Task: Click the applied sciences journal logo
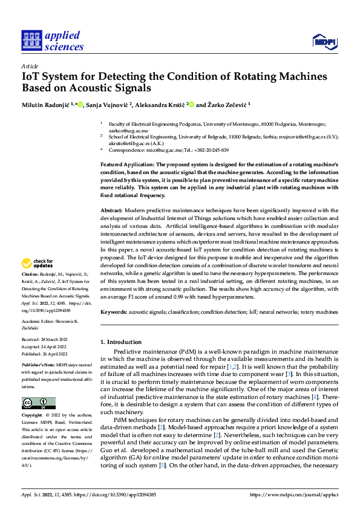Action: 52,41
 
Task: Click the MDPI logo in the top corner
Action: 323,41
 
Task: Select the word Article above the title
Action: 30,66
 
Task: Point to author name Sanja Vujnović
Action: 107,104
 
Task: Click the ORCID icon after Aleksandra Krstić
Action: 191,104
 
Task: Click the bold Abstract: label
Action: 113,209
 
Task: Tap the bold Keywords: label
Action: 114,312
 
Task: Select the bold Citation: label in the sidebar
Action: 31,274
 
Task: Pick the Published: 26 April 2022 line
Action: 44,354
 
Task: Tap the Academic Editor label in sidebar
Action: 39,322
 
